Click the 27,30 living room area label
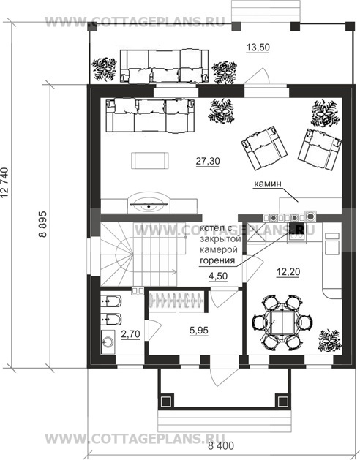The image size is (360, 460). pos(208,161)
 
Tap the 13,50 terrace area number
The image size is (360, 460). pos(258,48)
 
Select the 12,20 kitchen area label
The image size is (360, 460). pos(288,272)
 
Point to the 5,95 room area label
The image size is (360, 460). pos(199,331)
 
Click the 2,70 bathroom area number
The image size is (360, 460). pos(130,334)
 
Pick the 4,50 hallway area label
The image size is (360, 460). pos(218,276)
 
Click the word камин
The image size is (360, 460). pos(267,184)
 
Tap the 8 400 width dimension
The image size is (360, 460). pos(221,446)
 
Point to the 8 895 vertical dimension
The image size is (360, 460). pos(43,224)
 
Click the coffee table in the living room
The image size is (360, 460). pos(150,160)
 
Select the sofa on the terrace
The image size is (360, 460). pos(165,66)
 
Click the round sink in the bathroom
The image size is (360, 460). pos(108,342)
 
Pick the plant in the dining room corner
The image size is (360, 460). pos(329,341)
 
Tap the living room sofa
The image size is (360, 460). pos(150,116)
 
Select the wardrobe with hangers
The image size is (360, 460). pos(176,300)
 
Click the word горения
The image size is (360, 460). pos(217,260)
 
